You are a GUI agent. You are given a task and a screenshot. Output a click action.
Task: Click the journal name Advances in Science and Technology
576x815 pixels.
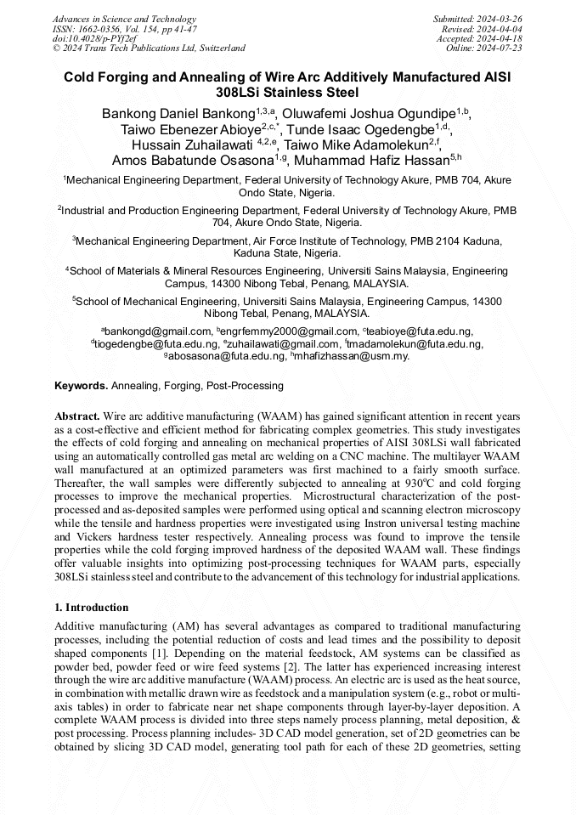coord(124,19)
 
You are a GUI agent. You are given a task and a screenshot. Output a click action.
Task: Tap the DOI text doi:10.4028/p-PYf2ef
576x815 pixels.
coord(94,38)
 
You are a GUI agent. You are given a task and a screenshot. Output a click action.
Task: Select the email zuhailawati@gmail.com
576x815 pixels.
coord(284,344)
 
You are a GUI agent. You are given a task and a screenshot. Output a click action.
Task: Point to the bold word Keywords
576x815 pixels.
coord(81,386)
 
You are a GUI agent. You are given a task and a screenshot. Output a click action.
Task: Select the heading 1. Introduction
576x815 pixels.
coord(92,608)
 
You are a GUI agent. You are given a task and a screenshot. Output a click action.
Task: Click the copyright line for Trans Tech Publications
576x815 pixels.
coord(150,48)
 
